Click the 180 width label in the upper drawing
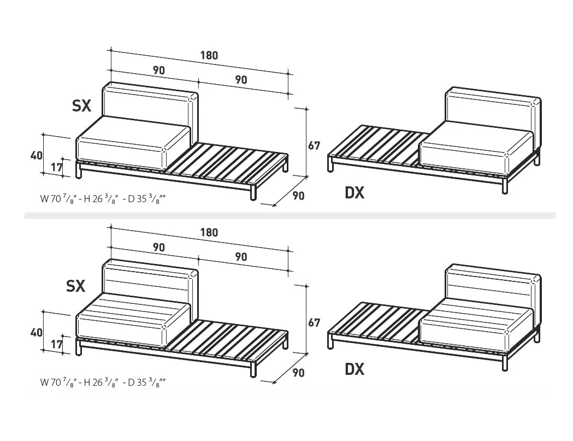pos(209,55)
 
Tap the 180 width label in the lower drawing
pos(209,232)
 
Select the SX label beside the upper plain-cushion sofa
pos(81,106)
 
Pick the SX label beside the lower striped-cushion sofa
pos(76,286)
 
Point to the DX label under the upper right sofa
pos(355,192)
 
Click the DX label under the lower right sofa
pos(355,369)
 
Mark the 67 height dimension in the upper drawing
pos(314,146)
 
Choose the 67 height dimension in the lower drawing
pos(314,323)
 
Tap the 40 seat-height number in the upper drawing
pos(36,155)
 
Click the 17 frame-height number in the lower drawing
pos(56,345)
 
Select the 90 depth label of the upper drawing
pos(298,196)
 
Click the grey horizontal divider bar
pos(290,216)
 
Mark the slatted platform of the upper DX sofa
pos(377,145)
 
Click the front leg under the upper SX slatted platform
pos(253,192)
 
